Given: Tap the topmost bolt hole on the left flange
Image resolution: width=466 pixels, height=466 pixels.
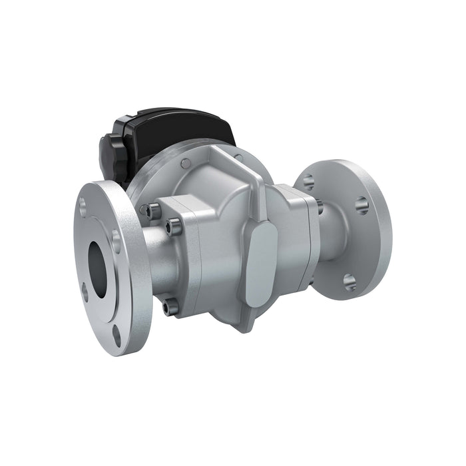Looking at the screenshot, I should pos(83,206).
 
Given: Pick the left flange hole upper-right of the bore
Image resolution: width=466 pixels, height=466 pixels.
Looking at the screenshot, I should pos(117,240).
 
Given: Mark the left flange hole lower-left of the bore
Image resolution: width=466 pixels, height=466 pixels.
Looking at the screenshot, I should pos(85,291).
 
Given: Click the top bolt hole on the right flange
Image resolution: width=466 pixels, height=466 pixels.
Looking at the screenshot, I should pos(308,181).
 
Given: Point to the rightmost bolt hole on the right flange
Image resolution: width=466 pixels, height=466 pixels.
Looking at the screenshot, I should pos(361,205).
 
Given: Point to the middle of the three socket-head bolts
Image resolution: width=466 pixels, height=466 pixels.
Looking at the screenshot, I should pos(176,227).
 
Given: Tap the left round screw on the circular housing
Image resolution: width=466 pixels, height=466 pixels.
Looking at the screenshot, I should pos(186,162).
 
